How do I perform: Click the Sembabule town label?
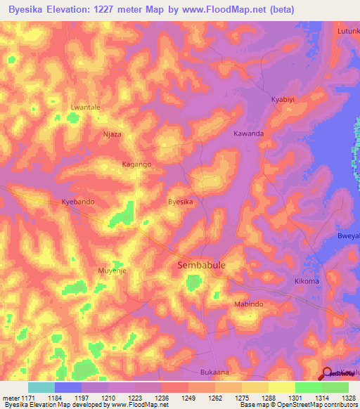point(198,266)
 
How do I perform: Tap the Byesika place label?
point(180,202)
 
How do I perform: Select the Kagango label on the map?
point(137,164)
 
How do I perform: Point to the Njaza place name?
point(113,134)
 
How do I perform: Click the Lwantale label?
point(86,107)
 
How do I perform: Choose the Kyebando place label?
point(78,202)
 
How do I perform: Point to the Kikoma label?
point(306,281)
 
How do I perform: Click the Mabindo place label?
point(248,304)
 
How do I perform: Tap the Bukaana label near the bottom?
point(214,372)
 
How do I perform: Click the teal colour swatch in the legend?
point(41,387)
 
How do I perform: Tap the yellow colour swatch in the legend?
point(282,387)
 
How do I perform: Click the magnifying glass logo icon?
point(327,373)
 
